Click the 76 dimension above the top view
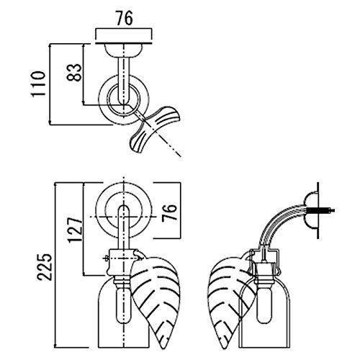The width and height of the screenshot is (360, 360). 125,18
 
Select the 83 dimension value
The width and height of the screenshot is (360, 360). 74,73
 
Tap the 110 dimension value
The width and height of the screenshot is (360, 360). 38,84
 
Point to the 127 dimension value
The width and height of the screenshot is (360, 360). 76,230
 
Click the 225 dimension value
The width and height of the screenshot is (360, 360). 44,266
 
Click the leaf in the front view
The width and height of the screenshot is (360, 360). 156,301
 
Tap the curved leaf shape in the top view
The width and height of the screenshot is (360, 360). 155,130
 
